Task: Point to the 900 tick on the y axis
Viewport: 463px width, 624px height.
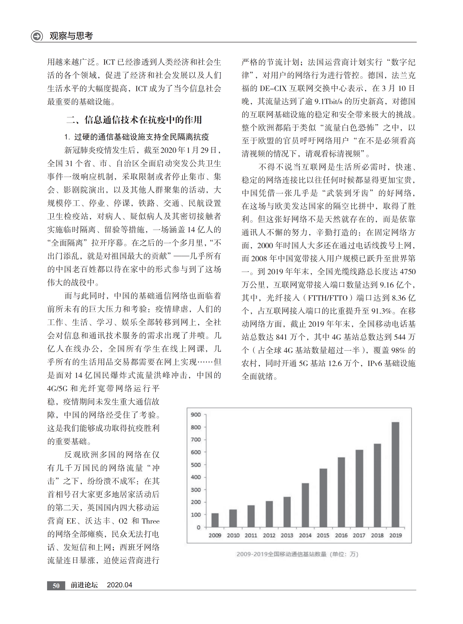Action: pyautogui.click(x=196, y=415)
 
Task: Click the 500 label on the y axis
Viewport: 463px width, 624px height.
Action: pyautogui.click(x=196, y=465)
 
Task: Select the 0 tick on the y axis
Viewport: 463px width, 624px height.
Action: pyautogui.click(x=199, y=527)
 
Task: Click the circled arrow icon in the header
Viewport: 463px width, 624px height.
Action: pyautogui.click(x=37, y=36)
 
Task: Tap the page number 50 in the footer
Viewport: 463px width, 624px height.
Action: pyautogui.click(x=56, y=585)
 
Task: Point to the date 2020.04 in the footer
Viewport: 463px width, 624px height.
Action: pyautogui.click(x=119, y=585)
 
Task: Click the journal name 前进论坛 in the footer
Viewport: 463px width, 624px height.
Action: pyautogui.click(x=84, y=585)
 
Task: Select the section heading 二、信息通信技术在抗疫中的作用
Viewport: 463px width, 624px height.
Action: pyautogui.click(x=134, y=120)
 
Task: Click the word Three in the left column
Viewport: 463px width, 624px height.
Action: pyautogui.click(x=150, y=521)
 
